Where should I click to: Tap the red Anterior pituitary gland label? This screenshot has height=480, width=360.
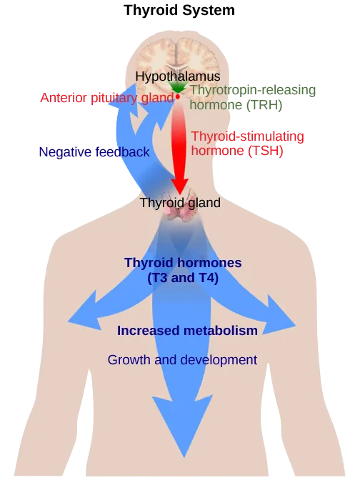coord(106,98)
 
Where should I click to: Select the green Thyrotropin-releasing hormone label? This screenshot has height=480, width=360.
coord(244,98)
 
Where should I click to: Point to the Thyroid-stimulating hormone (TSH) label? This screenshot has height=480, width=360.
coord(248,143)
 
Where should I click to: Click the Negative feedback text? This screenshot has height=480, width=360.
coord(94,151)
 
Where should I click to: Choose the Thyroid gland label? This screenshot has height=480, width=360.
coord(180,203)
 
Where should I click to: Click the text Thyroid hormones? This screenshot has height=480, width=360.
coord(183,263)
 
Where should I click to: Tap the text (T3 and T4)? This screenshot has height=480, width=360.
coord(183,278)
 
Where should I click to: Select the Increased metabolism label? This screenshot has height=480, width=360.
coord(187,331)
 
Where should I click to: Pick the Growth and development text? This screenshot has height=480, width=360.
coord(182,360)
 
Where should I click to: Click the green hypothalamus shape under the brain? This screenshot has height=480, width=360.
coord(177,88)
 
